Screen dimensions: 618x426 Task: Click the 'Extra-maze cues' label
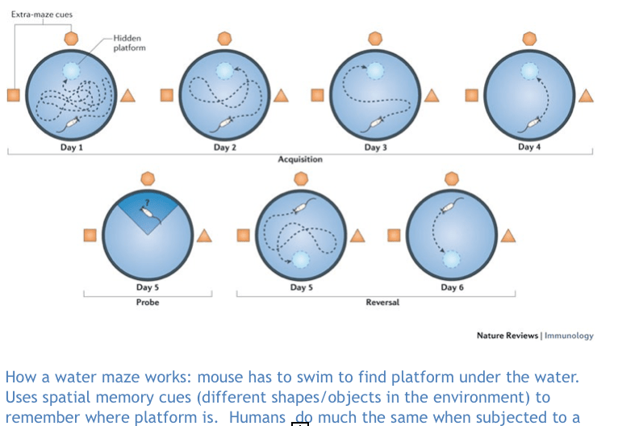[x=41, y=14]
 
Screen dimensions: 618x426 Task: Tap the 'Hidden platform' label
[x=129, y=43]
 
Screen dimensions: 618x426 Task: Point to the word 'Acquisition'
[x=300, y=160]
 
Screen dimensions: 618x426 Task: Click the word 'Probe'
[x=147, y=303]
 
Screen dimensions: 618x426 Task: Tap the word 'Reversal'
[x=382, y=303]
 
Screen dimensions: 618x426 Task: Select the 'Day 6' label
[x=452, y=288]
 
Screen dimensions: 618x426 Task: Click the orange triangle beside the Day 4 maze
[x=585, y=96]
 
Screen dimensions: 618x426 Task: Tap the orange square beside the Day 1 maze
[x=13, y=95]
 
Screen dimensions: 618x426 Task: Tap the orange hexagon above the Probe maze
[x=147, y=177]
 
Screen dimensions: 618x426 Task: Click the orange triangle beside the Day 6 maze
[x=507, y=236]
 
